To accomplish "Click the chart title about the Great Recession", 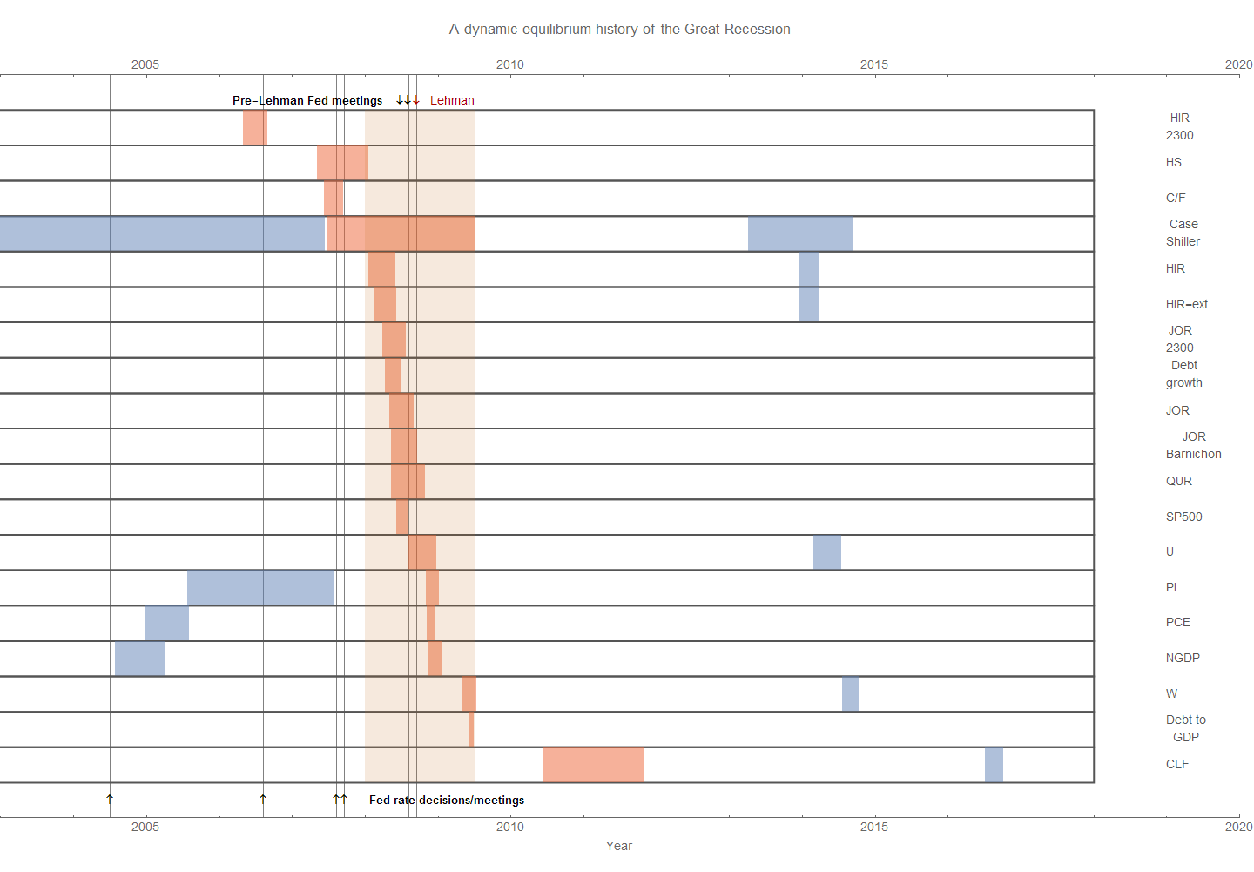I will pyautogui.click(x=619, y=29).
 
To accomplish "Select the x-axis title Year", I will pyautogui.click(x=619, y=846).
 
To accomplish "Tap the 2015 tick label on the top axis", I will pyautogui.click(x=874, y=64).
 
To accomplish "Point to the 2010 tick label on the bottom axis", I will pyautogui.click(x=510, y=827).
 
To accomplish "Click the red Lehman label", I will pyautogui.click(x=452, y=100).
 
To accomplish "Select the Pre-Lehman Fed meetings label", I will pyautogui.click(x=307, y=100).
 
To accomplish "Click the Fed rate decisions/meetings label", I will pyautogui.click(x=447, y=800).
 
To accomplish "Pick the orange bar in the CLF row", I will pyautogui.click(x=593, y=765).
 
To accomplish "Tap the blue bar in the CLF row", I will pyautogui.click(x=994, y=765).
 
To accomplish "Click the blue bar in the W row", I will pyautogui.click(x=850, y=694).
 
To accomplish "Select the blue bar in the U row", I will pyautogui.click(x=827, y=552).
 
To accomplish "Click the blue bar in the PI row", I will pyautogui.click(x=260, y=588).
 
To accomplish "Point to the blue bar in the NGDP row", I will pyautogui.click(x=140, y=659).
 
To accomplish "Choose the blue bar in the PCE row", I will pyautogui.click(x=167, y=623).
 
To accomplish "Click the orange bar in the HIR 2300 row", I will pyautogui.click(x=255, y=127).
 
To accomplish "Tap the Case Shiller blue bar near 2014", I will pyautogui.click(x=800, y=233).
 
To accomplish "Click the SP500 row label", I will pyautogui.click(x=1183, y=517).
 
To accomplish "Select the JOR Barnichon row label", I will pyautogui.click(x=1193, y=445).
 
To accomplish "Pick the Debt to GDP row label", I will pyautogui.click(x=1185, y=728).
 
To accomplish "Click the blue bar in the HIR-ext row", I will pyautogui.click(x=809, y=305).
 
